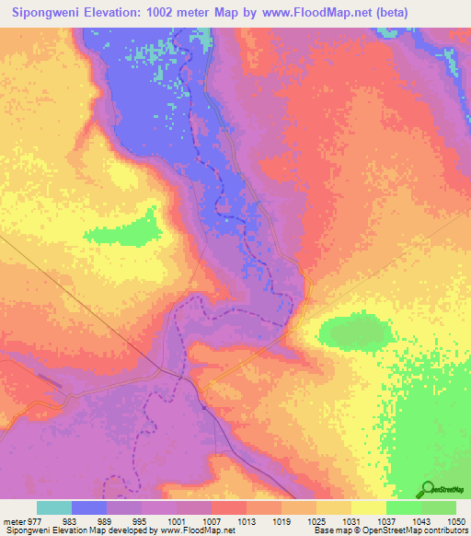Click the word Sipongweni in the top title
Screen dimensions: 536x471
coord(45,13)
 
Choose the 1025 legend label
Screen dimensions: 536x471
coord(316,520)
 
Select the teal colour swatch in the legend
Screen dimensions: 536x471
coord(54,507)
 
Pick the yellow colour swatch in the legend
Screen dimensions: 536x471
coord(368,507)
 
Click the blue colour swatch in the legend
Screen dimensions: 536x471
coord(89,507)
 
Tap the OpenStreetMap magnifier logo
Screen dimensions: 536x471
coord(430,488)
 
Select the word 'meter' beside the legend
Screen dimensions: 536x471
coord(15,520)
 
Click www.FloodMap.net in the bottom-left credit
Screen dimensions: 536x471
coord(185,531)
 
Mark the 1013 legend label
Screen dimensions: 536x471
coord(246,520)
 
